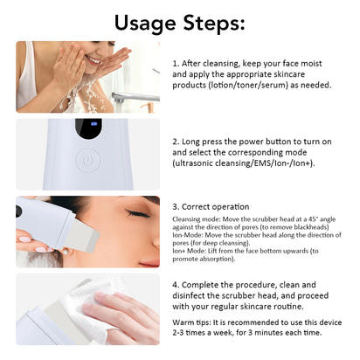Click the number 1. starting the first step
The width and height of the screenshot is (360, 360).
[x=177, y=64]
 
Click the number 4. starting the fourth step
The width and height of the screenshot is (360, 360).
[x=177, y=284]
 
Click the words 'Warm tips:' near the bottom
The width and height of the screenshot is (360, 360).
[x=192, y=322]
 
